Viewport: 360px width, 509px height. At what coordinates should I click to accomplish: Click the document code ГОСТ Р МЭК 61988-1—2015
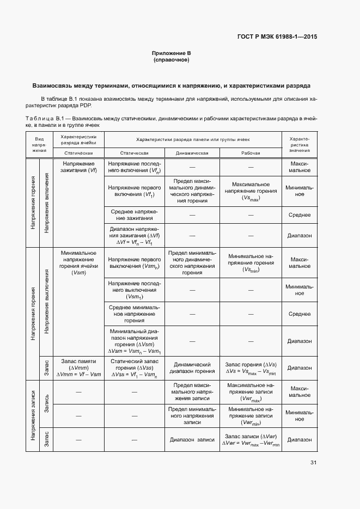[x=277, y=38]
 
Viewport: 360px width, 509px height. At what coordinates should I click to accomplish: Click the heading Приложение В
[x=172, y=53]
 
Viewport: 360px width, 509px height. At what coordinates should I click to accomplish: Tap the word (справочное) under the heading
[x=172, y=60]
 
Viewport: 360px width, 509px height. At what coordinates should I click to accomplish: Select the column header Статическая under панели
[x=134, y=153]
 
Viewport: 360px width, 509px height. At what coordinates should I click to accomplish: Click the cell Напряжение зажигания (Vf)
[x=80, y=167]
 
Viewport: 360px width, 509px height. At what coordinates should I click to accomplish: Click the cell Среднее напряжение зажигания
[x=134, y=215]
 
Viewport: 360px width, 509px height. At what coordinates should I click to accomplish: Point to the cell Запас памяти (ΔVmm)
[x=79, y=367]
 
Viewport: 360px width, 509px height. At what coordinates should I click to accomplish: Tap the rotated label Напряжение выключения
[x=47, y=301]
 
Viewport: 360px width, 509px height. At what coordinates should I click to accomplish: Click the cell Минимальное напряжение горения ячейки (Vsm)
[x=80, y=262]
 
